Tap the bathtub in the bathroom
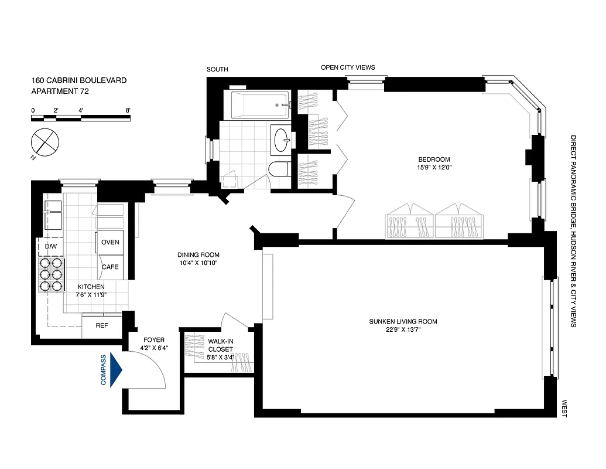tap(259, 105)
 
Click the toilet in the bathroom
tap(279, 171)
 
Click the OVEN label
tap(110, 242)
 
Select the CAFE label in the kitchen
tap(110, 267)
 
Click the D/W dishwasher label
tap(51, 246)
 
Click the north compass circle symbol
tap(44, 141)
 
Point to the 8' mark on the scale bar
tap(128, 110)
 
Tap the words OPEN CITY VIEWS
tap(348, 67)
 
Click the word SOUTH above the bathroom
tap(217, 70)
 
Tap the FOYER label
tap(155, 339)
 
